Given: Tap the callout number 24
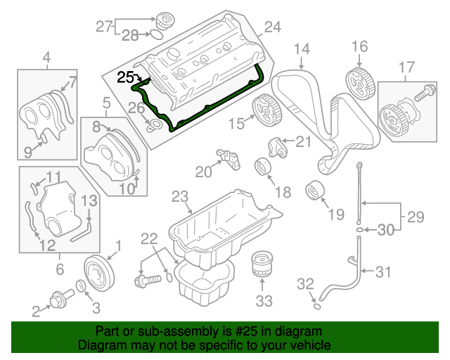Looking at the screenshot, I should click(272, 28).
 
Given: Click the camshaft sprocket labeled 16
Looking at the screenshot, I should click(360, 82).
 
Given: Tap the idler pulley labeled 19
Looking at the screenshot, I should click(314, 191).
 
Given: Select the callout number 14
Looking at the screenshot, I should click(301, 49).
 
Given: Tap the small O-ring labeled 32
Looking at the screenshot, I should click(316, 306).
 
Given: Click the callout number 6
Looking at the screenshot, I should click(60, 269).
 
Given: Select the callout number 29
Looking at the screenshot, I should click(416, 215).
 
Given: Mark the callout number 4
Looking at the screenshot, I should click(46, 56).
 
